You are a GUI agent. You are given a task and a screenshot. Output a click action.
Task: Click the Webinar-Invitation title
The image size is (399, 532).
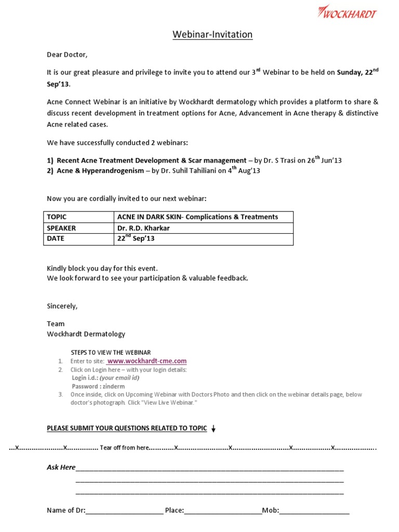point(212,35)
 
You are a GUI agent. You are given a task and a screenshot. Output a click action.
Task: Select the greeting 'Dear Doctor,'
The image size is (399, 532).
point(64,54)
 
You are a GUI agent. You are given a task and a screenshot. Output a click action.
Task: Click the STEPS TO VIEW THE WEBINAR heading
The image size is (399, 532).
point(111,352)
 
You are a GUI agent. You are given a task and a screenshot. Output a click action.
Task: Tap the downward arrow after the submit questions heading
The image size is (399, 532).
point(214,429)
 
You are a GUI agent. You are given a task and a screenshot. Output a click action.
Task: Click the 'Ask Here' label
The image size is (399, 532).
point(61,468)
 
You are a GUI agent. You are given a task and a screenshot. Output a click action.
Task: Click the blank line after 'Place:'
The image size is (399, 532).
point(223,511)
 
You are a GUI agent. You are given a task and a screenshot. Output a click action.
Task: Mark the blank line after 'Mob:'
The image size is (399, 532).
point(314,511)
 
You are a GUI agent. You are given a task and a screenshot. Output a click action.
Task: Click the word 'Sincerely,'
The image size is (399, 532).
point(62,306)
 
